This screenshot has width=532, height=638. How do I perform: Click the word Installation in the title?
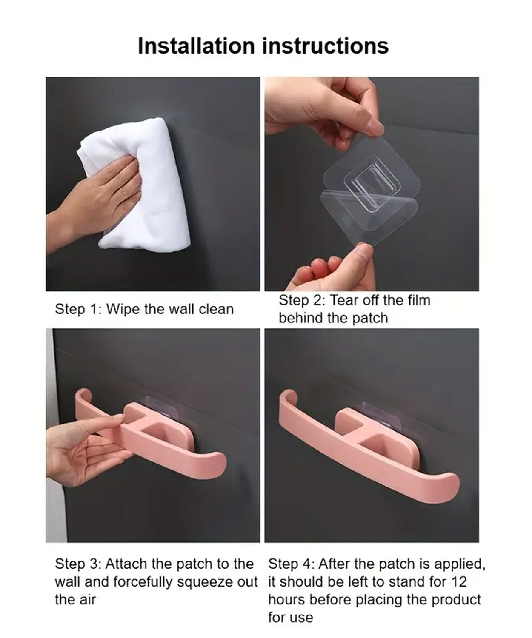pyautogui.click(x=196, y=46)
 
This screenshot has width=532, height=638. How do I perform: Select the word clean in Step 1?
pyautogui.click(x=216, y=309)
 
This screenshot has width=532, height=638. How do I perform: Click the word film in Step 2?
pyautogui.click(x=419, y=300)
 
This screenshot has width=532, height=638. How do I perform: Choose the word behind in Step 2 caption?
pyautogui.click(x=301, y=318)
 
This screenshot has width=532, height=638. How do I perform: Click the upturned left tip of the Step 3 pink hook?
pyautogui.click(x=83, y=394)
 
